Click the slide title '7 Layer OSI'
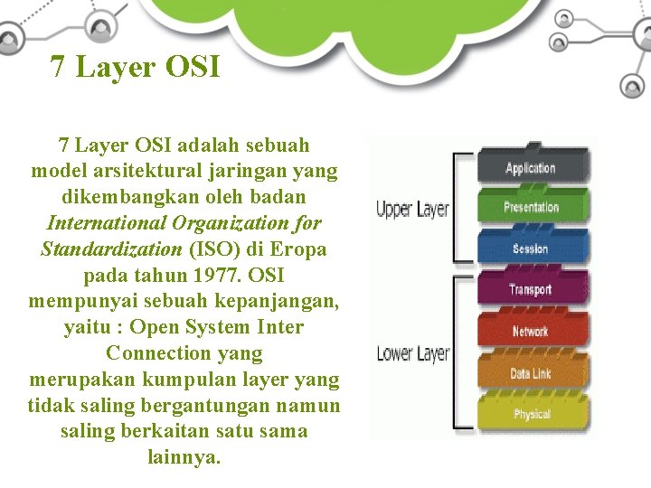136,67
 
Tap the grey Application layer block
531,167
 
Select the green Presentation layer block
531,207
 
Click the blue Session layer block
531,249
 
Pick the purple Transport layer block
531,289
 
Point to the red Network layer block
531,331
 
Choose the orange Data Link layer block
531,372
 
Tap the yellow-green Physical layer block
531,413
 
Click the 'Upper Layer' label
412,210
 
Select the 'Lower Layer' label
412,352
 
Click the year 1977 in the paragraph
217,275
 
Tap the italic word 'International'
108,222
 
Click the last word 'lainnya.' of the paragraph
184,457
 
